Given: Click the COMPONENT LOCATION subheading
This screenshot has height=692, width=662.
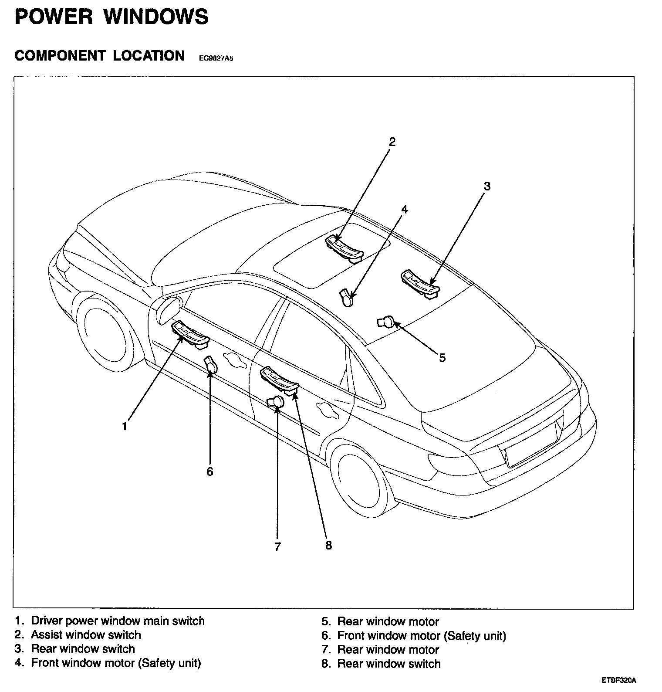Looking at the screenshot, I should (x=100, y=56).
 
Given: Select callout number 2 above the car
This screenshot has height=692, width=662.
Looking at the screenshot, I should (x=392, y=141).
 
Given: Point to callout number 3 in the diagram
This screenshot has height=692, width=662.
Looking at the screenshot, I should (x=487, y=186).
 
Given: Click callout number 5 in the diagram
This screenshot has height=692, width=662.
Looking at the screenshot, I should (x=442, y=358).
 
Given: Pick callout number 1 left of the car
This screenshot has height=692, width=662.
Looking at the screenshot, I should (x=125, y=426).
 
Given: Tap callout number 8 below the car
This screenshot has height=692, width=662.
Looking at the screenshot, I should (x=328, y=545).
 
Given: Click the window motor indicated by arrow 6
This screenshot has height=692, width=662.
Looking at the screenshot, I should (x=211, y=366).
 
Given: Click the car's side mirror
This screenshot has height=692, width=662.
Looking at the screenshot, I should (x=169, y=310).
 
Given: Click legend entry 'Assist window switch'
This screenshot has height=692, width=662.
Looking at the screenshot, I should (x=86, y=635).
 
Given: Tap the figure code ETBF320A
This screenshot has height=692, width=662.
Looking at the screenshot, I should (x=619, y=680).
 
